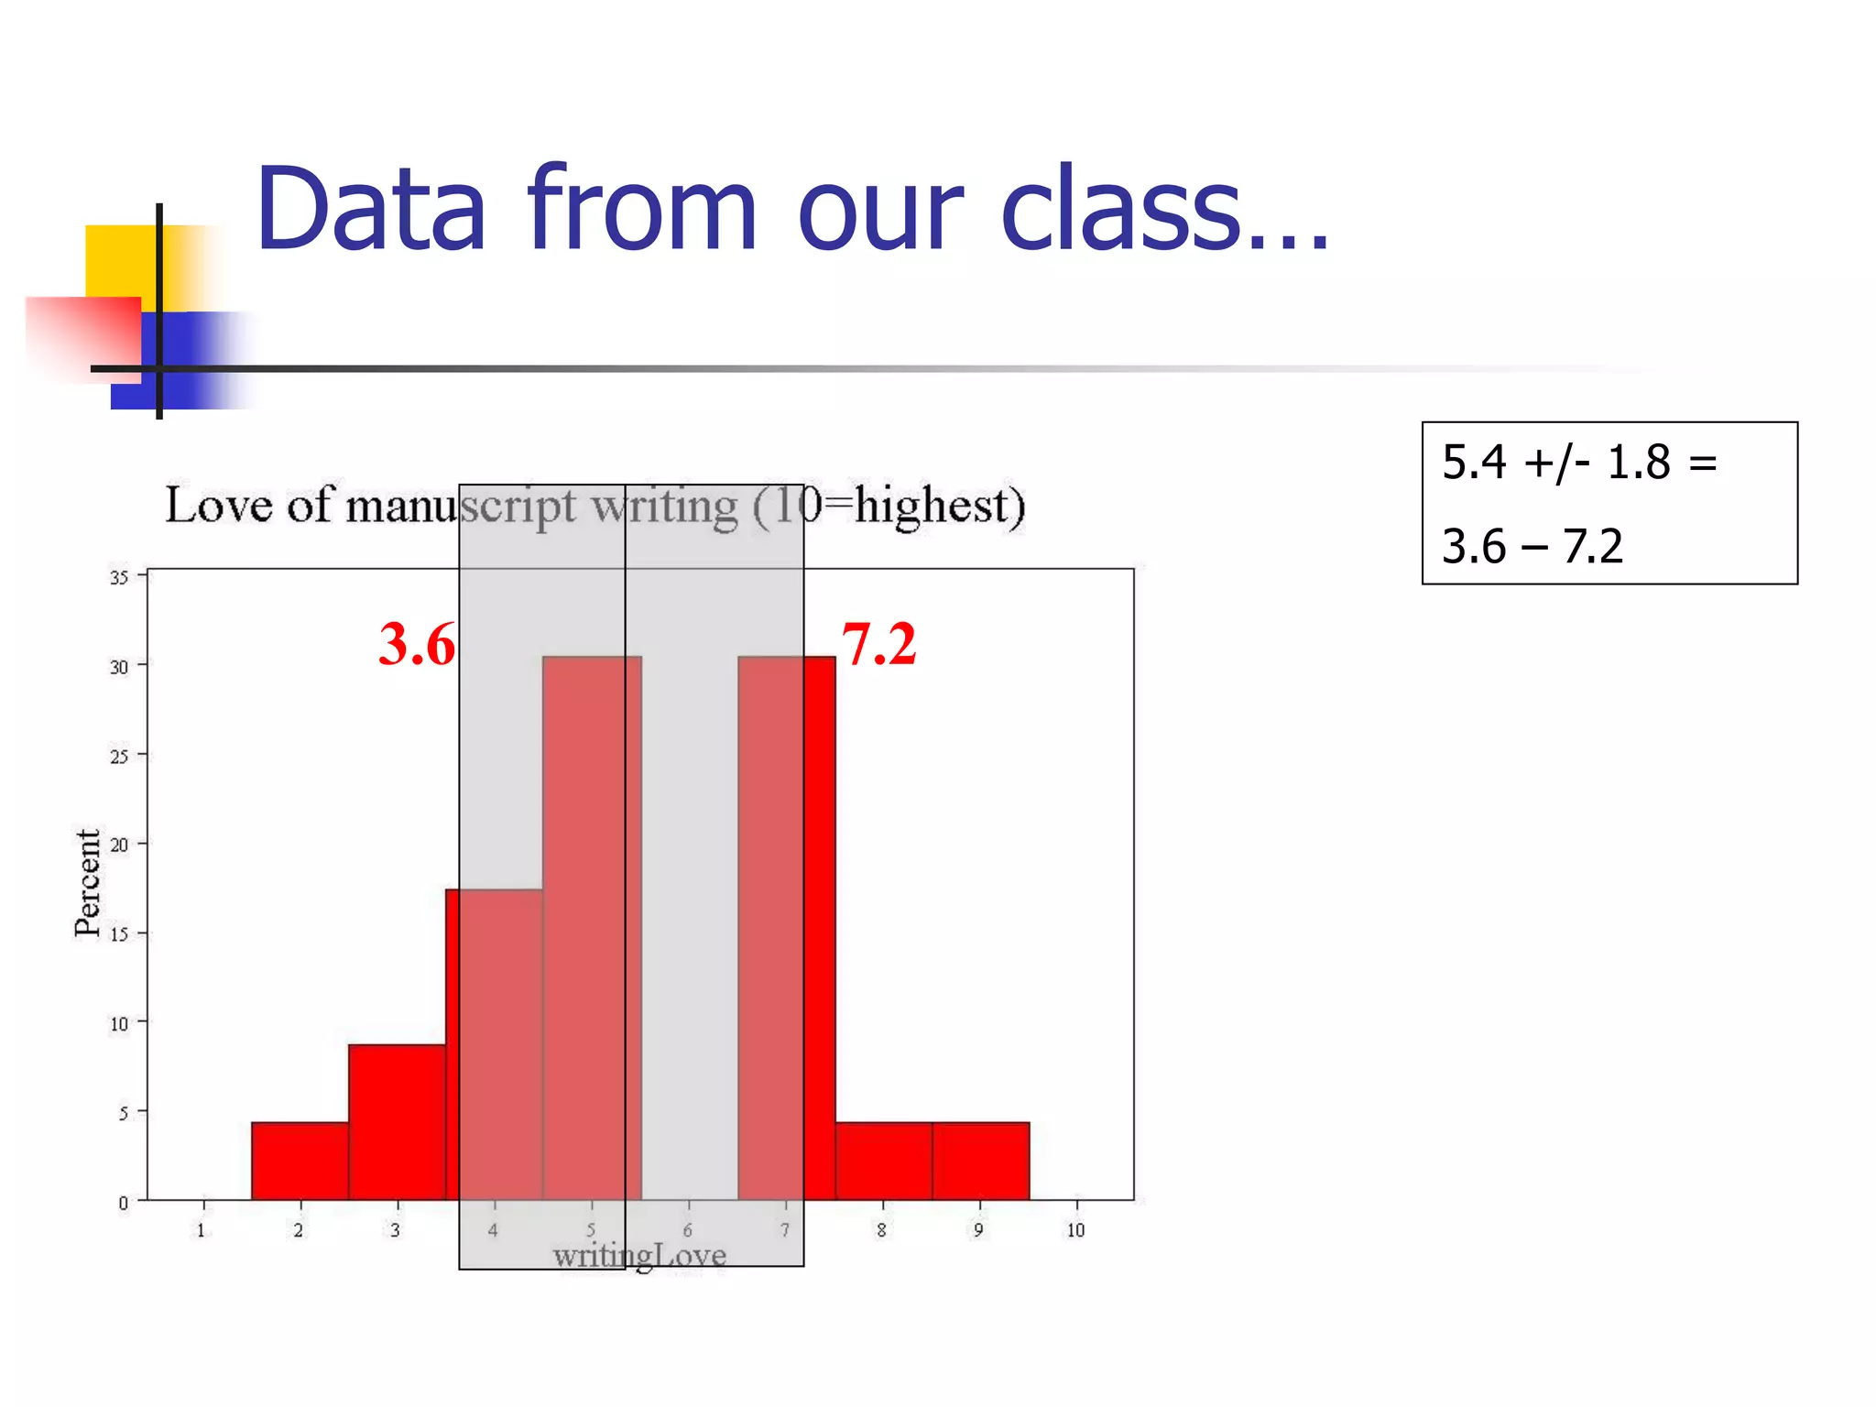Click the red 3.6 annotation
[x=417, y=644]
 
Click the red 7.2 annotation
[x=878, y=644]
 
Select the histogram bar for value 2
[x=300, y=1161]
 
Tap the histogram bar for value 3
[x=397, y=1122]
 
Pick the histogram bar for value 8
[x=883, y=1161]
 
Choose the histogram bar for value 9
[x=980, y=1161]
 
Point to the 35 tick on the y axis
[x=119, y=577]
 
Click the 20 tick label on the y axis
[x=119, y=845]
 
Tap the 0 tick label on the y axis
[x=123, y=1203]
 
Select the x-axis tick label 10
[x=1075, y=1230]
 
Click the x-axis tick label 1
[x=202, y=1230]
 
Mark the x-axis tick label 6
[x=687, y=1230]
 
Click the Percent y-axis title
[x=88, y=883]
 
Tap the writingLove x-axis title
[x=639, y=1255]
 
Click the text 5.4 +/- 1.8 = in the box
[x=1578, y=463]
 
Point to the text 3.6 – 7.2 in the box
[x=1532, y=546]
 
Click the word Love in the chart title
[x=219, y=505]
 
